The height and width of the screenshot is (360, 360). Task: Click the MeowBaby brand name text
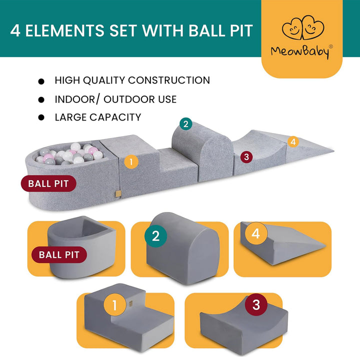[300, 51]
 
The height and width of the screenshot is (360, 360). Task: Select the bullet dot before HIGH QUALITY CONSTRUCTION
[41, 81]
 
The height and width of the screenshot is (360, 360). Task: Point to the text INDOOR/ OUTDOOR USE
[115, 99]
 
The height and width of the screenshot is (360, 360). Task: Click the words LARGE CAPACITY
[98, 117]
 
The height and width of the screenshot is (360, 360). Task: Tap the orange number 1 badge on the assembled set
[130, 161]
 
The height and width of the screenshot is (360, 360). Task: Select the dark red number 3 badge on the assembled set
[245, 157]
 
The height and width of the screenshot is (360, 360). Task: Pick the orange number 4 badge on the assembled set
[293, 141]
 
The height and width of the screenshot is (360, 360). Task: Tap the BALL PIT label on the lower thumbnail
[59, 254]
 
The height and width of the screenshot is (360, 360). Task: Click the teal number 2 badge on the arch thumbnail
[155, 235]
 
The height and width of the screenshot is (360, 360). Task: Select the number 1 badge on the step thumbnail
[114, 305]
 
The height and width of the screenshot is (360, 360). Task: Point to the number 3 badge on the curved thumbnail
[256, 305]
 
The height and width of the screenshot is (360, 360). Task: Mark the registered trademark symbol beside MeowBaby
[331, 47]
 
